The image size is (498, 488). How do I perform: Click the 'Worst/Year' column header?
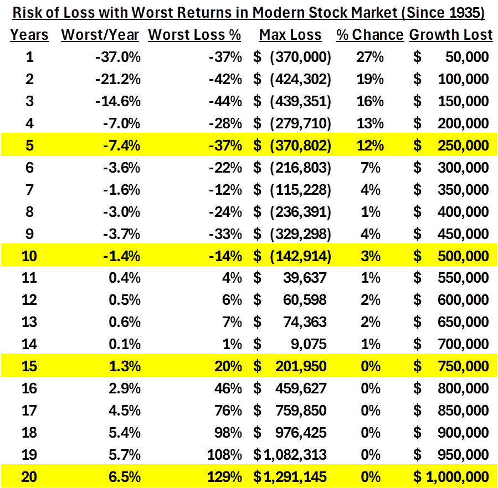(x=100, y=35)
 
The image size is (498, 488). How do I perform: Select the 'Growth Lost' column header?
(x=450, y=35)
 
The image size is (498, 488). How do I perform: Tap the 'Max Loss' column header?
(x=290, y=35)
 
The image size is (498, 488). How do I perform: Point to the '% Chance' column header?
(x=370, y=35)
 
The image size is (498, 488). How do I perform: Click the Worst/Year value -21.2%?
(x=119, y=79)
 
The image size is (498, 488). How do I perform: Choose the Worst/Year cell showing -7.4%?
(x=121, y=145)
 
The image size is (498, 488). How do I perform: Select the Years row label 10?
(x=29, y=256)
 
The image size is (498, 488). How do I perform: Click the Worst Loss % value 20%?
(x=229, y=366)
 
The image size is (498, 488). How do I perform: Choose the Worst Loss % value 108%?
(x=226, y=454)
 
